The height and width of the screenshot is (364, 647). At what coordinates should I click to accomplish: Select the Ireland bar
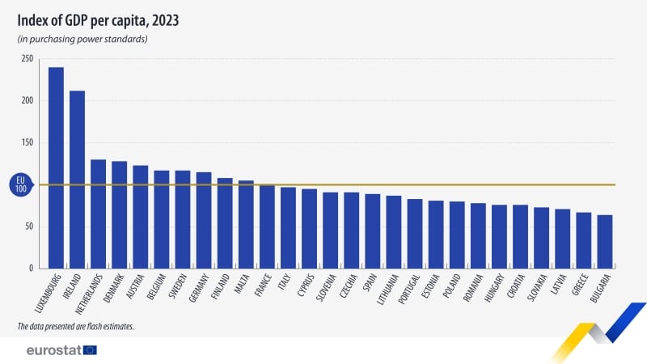[77, 179]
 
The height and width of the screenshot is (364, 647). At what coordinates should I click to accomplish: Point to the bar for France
[267, 226]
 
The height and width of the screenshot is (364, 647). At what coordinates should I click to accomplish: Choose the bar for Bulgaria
[604, 241]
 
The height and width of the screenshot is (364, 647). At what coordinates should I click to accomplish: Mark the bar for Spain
[372, 231]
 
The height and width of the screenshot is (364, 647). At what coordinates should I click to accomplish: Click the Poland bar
[457, 235]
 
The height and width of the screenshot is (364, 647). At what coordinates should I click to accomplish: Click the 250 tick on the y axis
[27, 59]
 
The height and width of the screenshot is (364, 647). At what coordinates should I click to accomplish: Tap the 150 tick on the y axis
[27, 143]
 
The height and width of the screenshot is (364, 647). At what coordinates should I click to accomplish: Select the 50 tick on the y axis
[28, 226]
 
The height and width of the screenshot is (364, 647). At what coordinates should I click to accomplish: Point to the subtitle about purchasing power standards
[82, 39]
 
